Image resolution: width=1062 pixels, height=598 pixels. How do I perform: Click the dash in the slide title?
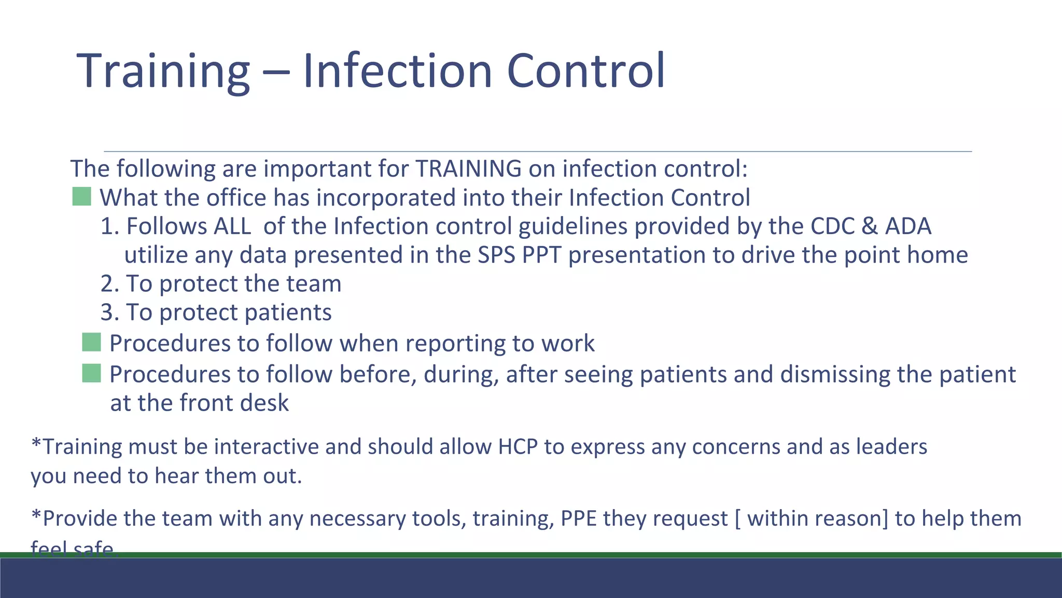pyautogui.click(x=275, y=73)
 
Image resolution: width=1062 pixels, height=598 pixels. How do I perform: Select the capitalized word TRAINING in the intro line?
pyautogui.click(x=468, y=169)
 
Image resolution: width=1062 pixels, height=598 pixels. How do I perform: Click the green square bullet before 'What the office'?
pyautogui.click(x=81, y=197)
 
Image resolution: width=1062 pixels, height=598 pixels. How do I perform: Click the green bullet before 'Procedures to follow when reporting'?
pyautogui.click(x=91, y=343)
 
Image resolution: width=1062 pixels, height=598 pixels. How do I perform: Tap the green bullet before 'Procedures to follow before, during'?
pyautogui.click(x=91, y=373)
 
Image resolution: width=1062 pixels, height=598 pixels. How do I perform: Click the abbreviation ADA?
pyautogui.click(x=908, y=226)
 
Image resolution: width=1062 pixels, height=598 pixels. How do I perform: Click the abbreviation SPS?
pyautogui.click(x=496, y=255)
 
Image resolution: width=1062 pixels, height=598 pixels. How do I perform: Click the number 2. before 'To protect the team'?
pyautogui.click(x=110, y=284)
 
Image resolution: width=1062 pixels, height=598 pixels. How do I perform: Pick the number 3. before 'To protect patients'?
pyautogui.click(x=110, y=312)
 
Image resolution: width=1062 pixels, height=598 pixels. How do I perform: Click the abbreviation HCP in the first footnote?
pyautogui.click(x=518, y=447)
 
